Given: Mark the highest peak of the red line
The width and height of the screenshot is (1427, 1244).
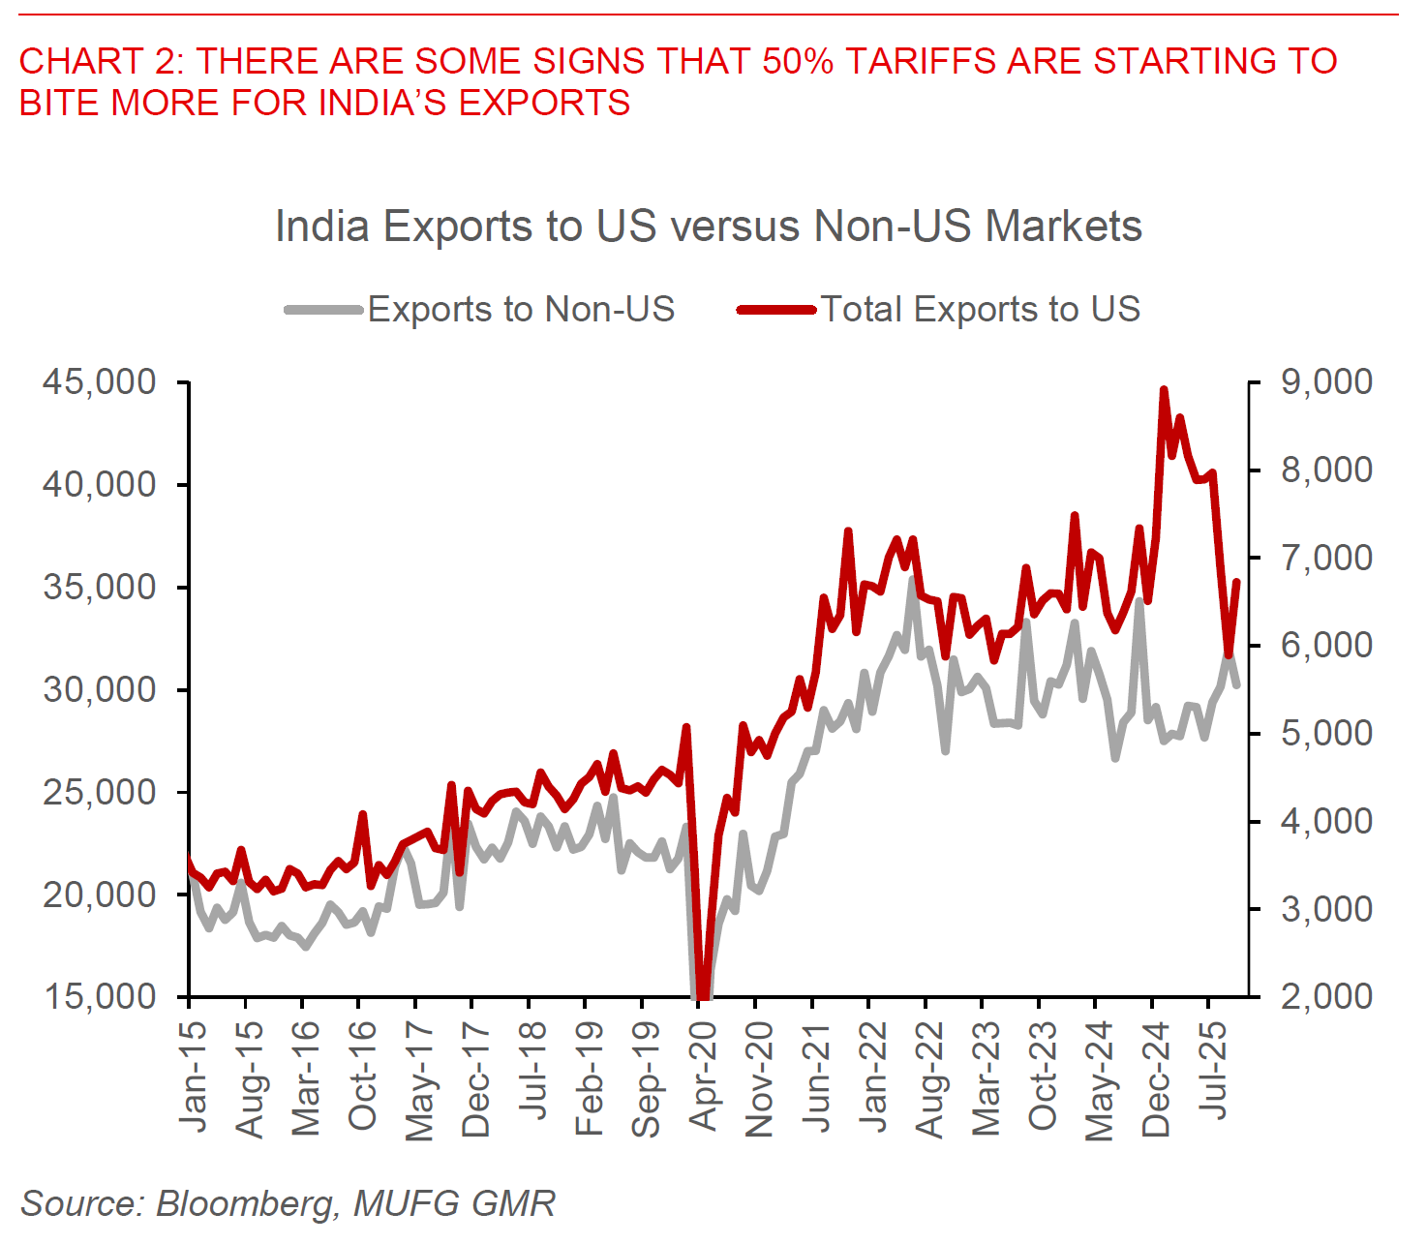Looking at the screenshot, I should [1164, 389].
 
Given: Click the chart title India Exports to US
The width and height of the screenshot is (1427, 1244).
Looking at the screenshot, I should [708, 227].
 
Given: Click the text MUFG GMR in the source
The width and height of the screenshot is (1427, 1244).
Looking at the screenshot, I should [454, 1203].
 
